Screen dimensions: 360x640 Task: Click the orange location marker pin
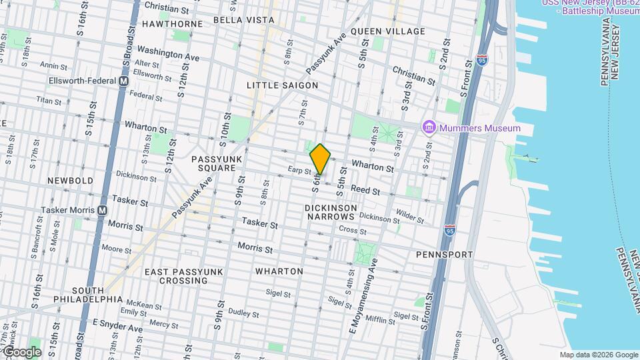click(321, 159)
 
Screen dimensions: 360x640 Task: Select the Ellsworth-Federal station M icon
click(123, 81)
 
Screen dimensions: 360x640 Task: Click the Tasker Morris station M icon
click(102, 210)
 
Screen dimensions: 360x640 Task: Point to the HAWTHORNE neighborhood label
click(172, 24)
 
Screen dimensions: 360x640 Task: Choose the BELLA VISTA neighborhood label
click(244, 20)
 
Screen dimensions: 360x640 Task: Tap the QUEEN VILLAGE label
click(387, 31)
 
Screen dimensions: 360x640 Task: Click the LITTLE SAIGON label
click(282, 85)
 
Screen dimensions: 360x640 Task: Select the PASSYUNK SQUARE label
click(213, 163)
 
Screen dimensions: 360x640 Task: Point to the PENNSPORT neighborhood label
click(444, 255)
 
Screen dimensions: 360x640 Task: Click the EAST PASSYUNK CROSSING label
click(176, 276)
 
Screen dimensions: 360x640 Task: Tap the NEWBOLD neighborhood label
click(70, 181)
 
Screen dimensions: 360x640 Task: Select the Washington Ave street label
click(169, 53)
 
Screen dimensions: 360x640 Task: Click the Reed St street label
click(365, 190)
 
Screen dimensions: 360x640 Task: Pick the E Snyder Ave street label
click(117, 326)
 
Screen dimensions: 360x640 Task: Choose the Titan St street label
click(49, 101)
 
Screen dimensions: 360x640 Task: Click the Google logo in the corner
click(21, 351)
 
